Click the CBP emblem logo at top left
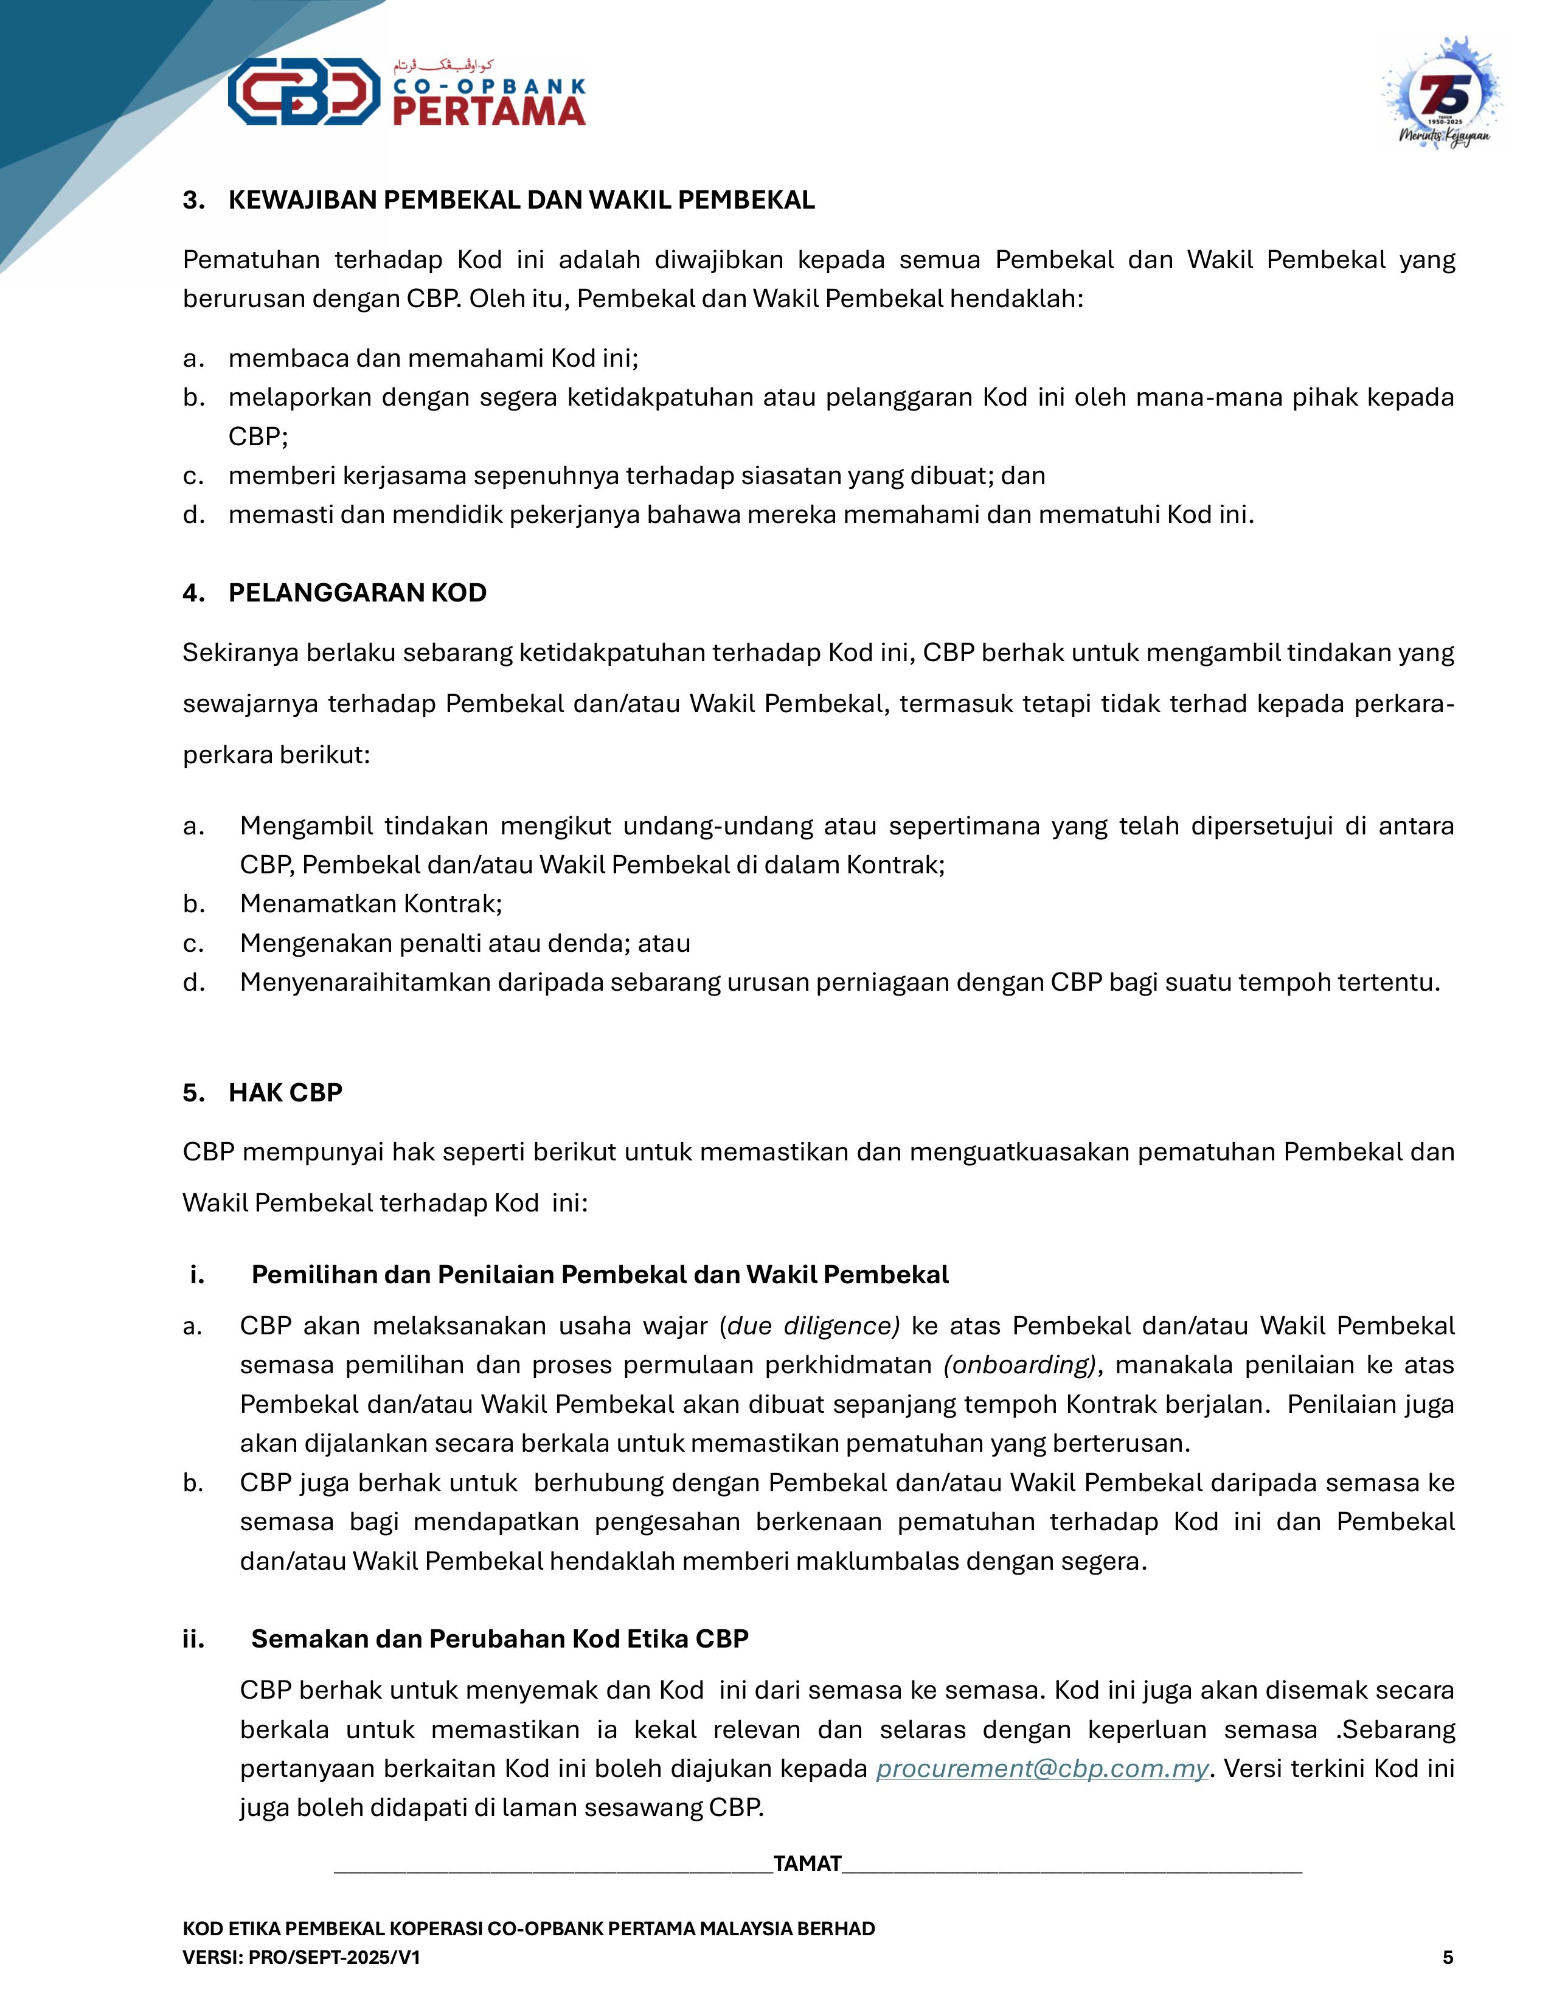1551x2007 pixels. coord(304,91)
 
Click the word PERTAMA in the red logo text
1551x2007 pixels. coord(490,111)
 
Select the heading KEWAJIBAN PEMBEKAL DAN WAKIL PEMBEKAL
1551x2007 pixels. coord(521,200)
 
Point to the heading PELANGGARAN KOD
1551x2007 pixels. coord(358,593)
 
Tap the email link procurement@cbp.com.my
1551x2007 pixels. coord(1042,1769)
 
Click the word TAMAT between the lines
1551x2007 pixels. coord(808,1863)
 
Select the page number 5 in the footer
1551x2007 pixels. coord(1448,1957)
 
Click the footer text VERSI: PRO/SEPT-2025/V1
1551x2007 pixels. coord(301,1957)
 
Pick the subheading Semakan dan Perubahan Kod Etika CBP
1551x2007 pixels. coord(500,1638)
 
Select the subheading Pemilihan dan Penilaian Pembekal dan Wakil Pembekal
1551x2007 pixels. coord(600,1275)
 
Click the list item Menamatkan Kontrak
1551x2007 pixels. coord(370,904)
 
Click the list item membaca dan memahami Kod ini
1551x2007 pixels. coord(433,358)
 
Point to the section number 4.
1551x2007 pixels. coord(193,593)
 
